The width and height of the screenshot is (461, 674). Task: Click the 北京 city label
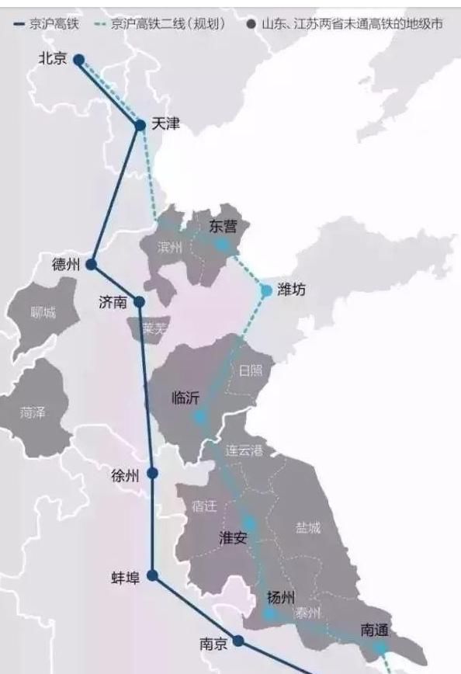53,57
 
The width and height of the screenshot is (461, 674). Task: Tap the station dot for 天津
140,124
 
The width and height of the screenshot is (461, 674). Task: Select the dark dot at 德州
91,264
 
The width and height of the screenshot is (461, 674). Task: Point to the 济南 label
113,302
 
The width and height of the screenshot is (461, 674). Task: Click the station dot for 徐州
152,473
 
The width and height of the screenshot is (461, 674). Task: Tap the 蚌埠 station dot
153,575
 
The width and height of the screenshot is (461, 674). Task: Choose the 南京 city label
213,643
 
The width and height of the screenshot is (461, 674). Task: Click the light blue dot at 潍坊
266,290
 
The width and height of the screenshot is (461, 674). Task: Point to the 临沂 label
185,398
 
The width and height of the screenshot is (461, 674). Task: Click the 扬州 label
280,597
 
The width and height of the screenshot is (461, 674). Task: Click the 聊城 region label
43,313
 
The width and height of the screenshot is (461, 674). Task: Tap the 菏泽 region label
33,412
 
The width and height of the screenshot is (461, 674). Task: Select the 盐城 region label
307,527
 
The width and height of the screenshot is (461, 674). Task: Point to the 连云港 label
244,450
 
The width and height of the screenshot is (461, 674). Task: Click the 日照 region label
251,370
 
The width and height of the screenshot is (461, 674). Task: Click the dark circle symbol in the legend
250,24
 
